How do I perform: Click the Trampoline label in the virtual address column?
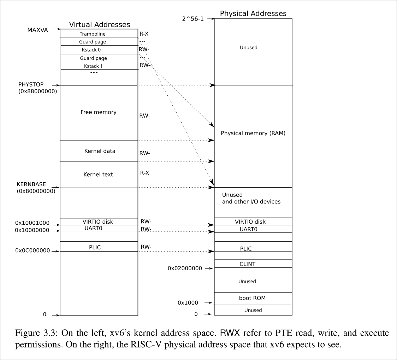click(x=93, y=34)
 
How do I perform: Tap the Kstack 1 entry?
click(x=93, y=66)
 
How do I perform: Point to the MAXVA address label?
click(x=37, y=30)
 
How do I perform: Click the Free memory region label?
click(x=98, y=112)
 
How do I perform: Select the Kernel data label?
click(x=100, y=151)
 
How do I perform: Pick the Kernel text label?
click(x=98, y=175)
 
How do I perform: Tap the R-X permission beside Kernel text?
click(x=144, y=173)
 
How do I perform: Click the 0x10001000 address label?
click(x=32, y=223)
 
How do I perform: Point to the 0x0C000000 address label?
click(x=32, y=250)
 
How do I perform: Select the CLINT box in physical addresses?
click(x=247, y=264)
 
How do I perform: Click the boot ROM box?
click(x=252, y=298)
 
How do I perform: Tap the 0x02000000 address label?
click(x=185, y=268)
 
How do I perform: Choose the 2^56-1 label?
click(x=192, y=18)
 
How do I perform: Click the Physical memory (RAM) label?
click(x=253, y=133)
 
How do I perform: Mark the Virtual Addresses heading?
click(x=100, y=25)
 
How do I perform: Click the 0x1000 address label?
click(x=188, y=303)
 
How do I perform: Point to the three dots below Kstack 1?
click(x=94, y=73)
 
